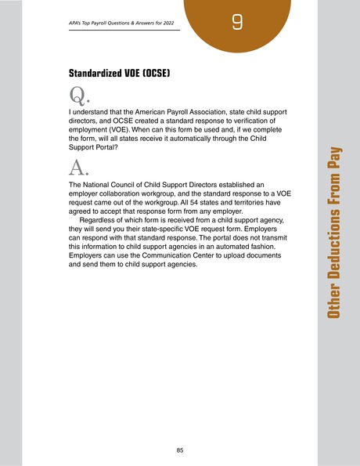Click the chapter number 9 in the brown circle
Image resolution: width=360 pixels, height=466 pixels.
pyautogui.click(x=236, y=23)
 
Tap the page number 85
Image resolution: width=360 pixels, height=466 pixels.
pyautogui.click(x=180, y=450)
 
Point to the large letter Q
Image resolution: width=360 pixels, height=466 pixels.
pyautogui.click(x=77, y=97)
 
